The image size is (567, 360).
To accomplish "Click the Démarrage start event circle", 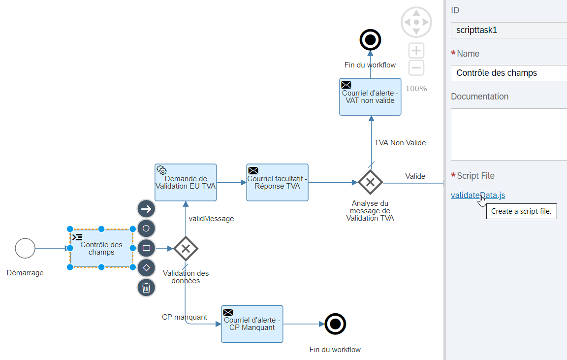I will pos(25,248).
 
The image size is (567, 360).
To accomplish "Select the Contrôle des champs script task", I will pos(101,249).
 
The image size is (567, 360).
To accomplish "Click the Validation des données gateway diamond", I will pos(186,249).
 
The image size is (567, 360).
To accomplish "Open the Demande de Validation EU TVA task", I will pos(186,182).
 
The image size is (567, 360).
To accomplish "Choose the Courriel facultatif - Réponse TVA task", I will pos(277,182).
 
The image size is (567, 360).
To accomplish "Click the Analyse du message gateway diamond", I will pos(370,182).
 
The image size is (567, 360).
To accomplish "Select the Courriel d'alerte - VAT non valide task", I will pos(370,97).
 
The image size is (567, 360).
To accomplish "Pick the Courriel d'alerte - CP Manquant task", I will pos(252,324).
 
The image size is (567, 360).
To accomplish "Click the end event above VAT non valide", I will pos(370,39).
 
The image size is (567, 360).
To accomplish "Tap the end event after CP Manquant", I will pos(335,324).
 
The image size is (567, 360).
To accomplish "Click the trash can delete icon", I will pos(146,287).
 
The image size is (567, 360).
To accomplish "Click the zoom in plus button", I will pos(416,51).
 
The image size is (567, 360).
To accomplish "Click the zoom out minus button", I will pos(416,68).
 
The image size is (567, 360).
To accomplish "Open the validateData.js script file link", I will pos(477,195).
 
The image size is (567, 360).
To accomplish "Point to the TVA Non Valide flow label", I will pos(400,143).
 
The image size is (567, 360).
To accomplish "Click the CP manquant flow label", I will pos(185,317).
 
